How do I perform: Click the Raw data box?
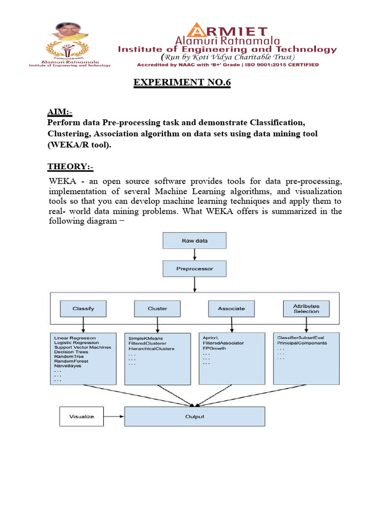[194, 241]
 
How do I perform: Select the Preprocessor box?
[194, 268]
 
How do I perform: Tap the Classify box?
[83, 308]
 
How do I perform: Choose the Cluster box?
[157, 308]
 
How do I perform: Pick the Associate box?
[231, 308]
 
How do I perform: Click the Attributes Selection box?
[306, 308]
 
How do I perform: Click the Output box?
[194, 416]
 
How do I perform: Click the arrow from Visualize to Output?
[114, 416]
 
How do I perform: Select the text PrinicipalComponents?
[302, 343]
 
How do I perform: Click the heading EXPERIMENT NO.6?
[182, 83]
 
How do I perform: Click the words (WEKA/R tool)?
[79, 145]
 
